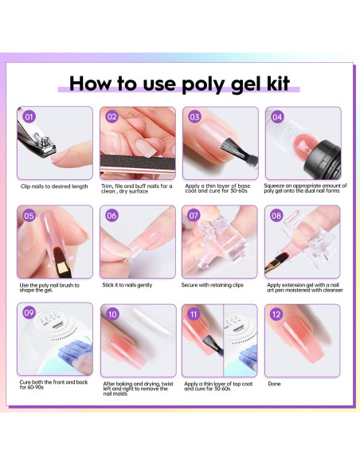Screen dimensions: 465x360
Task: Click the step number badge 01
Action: (29, 116)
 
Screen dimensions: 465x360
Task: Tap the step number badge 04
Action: (277, 116)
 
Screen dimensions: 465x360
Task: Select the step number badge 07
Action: (194, 215)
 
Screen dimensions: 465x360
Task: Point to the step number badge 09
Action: (29, 314)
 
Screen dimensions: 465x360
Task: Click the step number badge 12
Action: (277, 314)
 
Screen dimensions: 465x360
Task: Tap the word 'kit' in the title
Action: (272, 83)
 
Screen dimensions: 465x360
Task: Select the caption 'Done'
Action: (275, 383)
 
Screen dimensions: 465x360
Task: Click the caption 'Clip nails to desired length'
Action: (53, 186)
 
